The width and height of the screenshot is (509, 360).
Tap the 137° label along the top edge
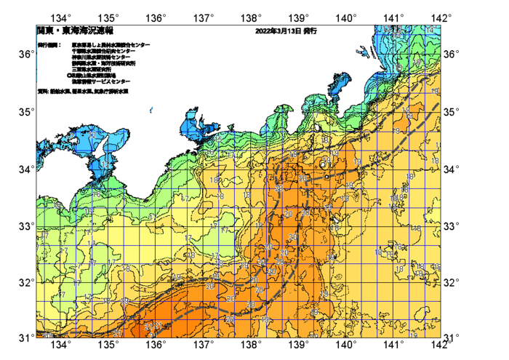click(x=204, y=17)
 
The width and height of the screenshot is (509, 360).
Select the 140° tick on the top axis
click(x=346, y=17)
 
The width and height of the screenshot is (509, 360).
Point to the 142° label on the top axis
click(x=441, y=17)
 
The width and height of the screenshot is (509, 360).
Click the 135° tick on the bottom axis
click(x=109, y=344)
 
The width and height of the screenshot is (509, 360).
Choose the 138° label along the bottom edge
click(x=251, y=344)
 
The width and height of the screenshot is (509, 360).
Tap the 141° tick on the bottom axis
click(x=393, y=344)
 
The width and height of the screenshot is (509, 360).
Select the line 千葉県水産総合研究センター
click(x=108, y=51)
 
